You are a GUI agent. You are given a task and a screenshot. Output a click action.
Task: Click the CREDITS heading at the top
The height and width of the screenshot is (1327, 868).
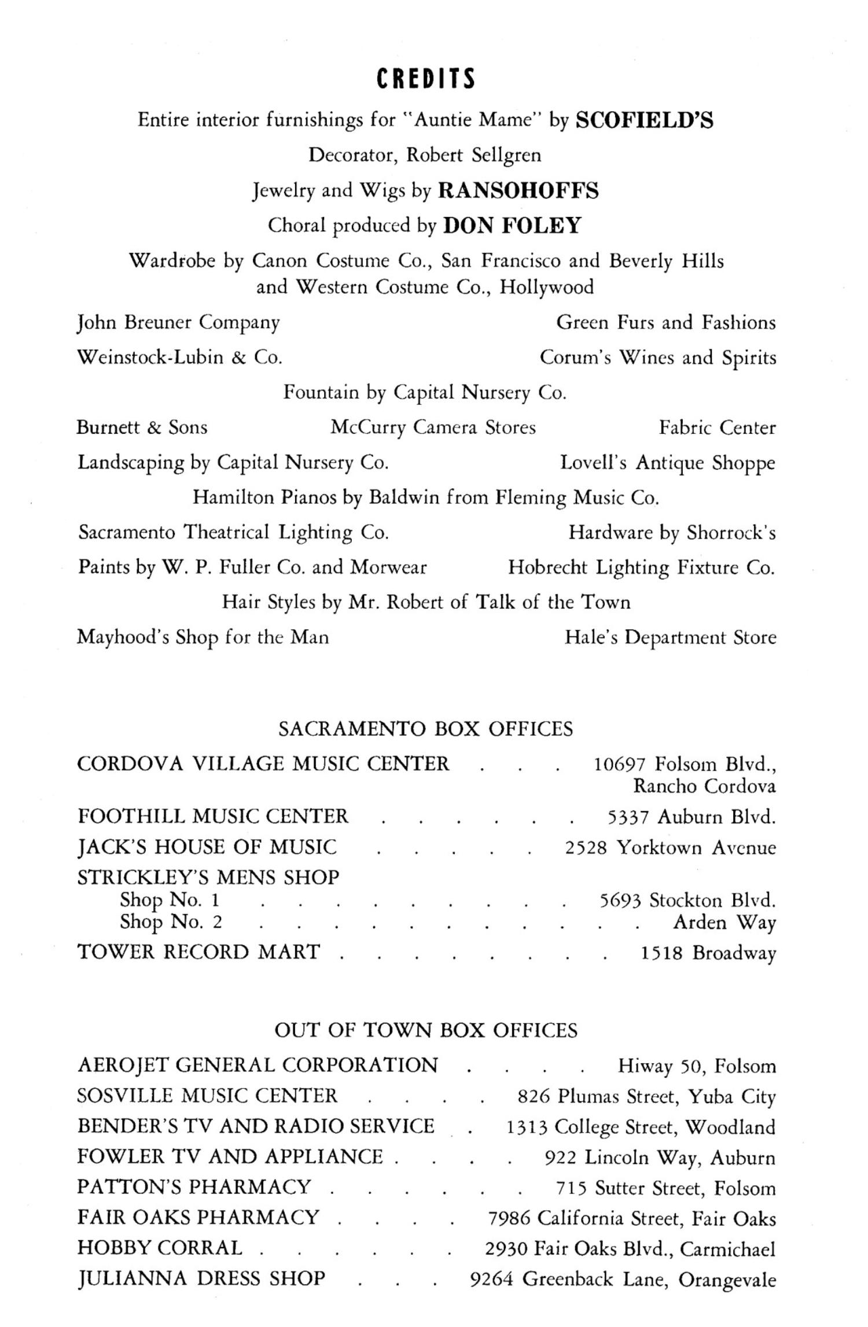pos(426,79)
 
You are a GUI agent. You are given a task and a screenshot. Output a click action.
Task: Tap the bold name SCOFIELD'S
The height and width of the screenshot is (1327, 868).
pos(645,120)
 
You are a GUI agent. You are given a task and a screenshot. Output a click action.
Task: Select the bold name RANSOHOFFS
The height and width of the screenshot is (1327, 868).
pos(518,190)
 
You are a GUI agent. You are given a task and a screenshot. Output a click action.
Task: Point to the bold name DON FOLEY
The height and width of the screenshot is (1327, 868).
pos(512,225)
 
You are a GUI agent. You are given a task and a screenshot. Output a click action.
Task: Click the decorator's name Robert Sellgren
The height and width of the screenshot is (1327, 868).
pos(474,155)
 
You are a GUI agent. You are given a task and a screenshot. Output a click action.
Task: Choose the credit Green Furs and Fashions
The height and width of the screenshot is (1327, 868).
pos(665,322)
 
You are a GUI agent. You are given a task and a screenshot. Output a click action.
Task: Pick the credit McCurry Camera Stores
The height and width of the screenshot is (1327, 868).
pos(433,427)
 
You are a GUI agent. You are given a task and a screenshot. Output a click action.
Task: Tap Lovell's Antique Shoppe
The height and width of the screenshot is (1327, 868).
pos(667,463)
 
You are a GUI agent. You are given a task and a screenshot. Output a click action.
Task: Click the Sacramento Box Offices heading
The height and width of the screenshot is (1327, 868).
pos(425,729)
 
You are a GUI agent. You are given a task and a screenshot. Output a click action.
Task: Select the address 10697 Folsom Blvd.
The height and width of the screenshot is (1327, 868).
pos(685,765)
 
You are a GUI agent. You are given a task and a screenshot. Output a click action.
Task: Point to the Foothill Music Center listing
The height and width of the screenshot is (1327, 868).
pos(213,816)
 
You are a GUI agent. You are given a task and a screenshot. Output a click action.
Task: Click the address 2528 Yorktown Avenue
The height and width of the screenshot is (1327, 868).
pos(670,848)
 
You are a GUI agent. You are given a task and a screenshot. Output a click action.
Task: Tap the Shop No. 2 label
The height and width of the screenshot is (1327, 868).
pos(171,921)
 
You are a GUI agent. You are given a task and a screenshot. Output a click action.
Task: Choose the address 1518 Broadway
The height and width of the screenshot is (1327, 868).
pos(708,953)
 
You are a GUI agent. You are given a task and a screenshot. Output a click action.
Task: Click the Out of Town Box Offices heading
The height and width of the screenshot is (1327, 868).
pos(425,1030)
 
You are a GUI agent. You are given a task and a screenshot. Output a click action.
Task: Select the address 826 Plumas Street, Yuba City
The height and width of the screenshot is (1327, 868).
pos(646,1096)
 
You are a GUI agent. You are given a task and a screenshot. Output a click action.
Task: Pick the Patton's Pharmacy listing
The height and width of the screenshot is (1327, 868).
pos(194,1187)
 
